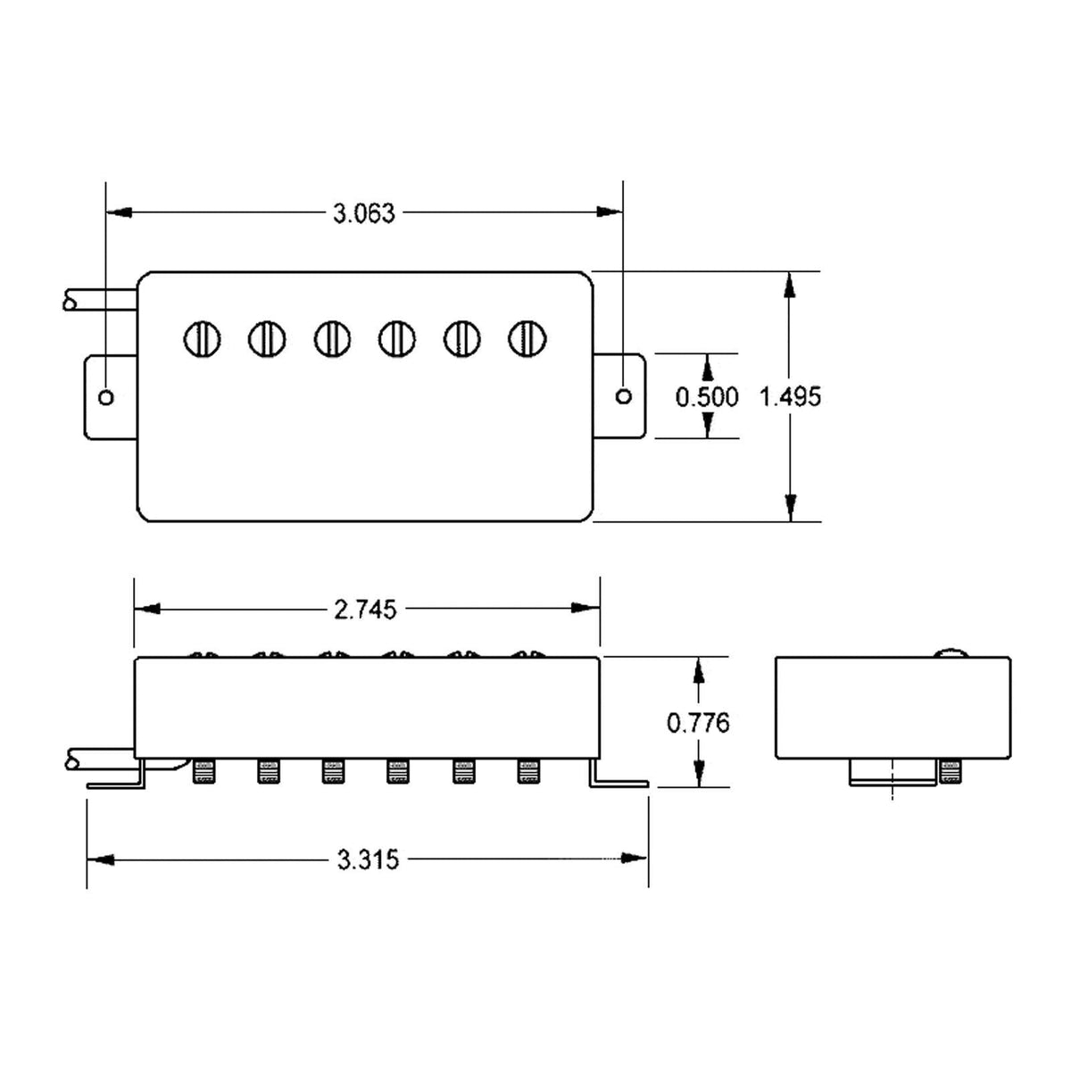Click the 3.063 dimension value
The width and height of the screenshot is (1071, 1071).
click(363, 213)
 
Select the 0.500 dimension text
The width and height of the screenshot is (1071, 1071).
click(707, 396)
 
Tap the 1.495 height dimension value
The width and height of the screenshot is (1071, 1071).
click(790, 396)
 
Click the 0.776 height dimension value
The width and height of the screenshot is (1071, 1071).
click(698, 722)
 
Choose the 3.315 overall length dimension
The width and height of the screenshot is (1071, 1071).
click(368, 859)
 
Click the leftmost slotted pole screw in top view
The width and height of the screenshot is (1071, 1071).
click(202, 339)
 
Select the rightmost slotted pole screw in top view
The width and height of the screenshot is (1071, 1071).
click(527, 338)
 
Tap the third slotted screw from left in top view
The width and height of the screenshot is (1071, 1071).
click(332, 339)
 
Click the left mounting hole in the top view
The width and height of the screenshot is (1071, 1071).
click(106, 397)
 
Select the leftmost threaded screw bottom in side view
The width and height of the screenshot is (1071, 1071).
click(202, 771)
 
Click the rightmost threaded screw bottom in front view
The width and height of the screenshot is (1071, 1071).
click(527, 771)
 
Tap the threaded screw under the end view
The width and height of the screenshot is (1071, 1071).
click(949, 772)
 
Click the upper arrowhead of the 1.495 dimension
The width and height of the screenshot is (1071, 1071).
click(790, 285)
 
